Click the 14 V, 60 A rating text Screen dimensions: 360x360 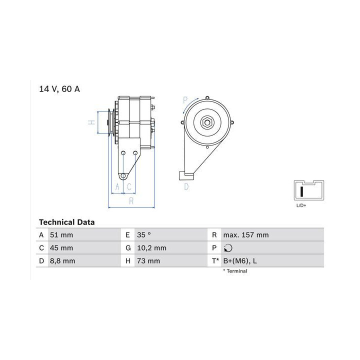coord(59,89)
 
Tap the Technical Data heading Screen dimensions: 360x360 coord(67,222)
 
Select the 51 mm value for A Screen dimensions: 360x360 coord(61,235)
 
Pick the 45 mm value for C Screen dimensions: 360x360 coord(61,248)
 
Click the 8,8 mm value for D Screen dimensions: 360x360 coord(62,261)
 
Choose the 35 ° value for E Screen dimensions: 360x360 coord(144,235)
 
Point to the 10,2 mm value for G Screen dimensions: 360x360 coord(151,248)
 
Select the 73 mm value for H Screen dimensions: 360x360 coord(148,261)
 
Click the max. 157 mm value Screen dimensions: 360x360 coord(246,235)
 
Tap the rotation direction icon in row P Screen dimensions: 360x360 coord(228,248)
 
